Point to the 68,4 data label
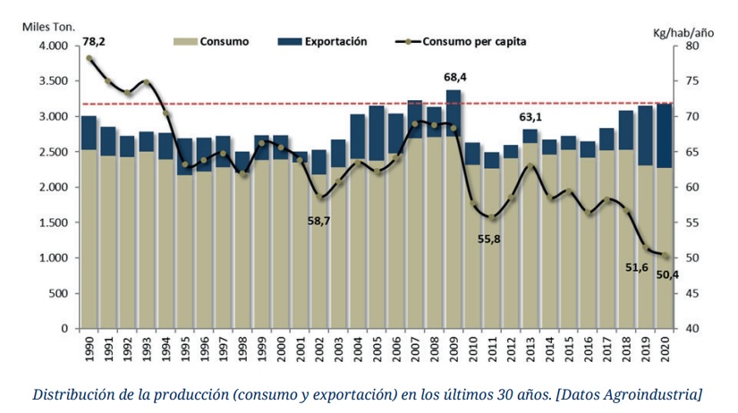(455, 78)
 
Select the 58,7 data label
(319, 220)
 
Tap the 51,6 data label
(637, 267)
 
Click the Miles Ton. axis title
(48, 26)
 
